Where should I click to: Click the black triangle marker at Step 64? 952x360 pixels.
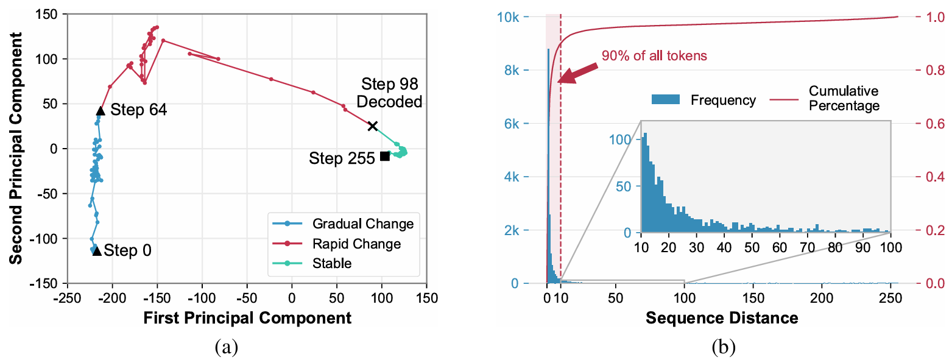tap(100, 110)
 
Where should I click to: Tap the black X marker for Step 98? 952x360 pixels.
tap(373, 126)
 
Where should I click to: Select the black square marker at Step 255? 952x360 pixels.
tap(384, 156)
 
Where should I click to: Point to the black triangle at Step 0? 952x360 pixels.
tap(97, 250)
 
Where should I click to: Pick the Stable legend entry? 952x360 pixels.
tap(332, 263)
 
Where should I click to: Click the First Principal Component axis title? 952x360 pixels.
tap(247, 317)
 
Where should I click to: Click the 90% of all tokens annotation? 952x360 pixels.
tap(654, 56)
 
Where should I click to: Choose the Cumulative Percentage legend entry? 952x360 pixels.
tap(844, 98)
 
